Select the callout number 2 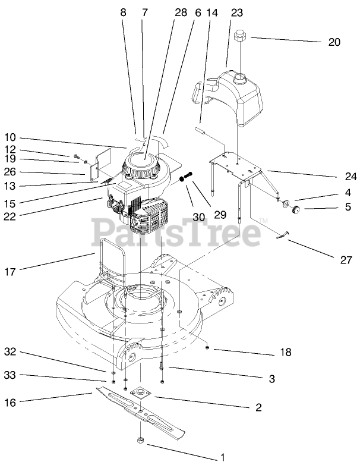(x=258, y=407)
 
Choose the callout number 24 (x=350, y=177)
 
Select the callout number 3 (x=271, y=378)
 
